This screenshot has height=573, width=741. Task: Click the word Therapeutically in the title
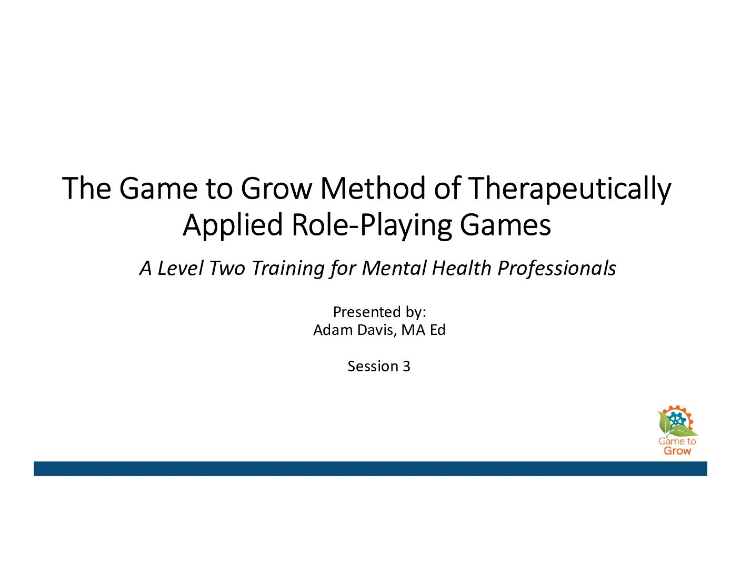click(x=569, y=189)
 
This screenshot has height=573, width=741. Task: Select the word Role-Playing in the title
click(x=372, y=225)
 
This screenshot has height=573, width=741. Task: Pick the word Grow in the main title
click(x=276, y=189)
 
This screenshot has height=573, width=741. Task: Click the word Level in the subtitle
click(x=180, y=268)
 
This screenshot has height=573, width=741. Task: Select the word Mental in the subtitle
click(x=394, y=268)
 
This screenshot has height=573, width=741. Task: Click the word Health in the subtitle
click(x=462, y=268)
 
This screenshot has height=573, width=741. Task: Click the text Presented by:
click(x=379, y=312)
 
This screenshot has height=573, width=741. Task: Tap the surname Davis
click(x=377, y=330)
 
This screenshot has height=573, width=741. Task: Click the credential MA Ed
click(x=424, y=330)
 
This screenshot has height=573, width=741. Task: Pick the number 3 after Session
click(x=406, y=367)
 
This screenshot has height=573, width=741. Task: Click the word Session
click(x=373, y=367)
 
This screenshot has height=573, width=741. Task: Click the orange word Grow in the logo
click(x=677, y=451)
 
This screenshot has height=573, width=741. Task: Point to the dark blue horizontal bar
click(x=370, y=469)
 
